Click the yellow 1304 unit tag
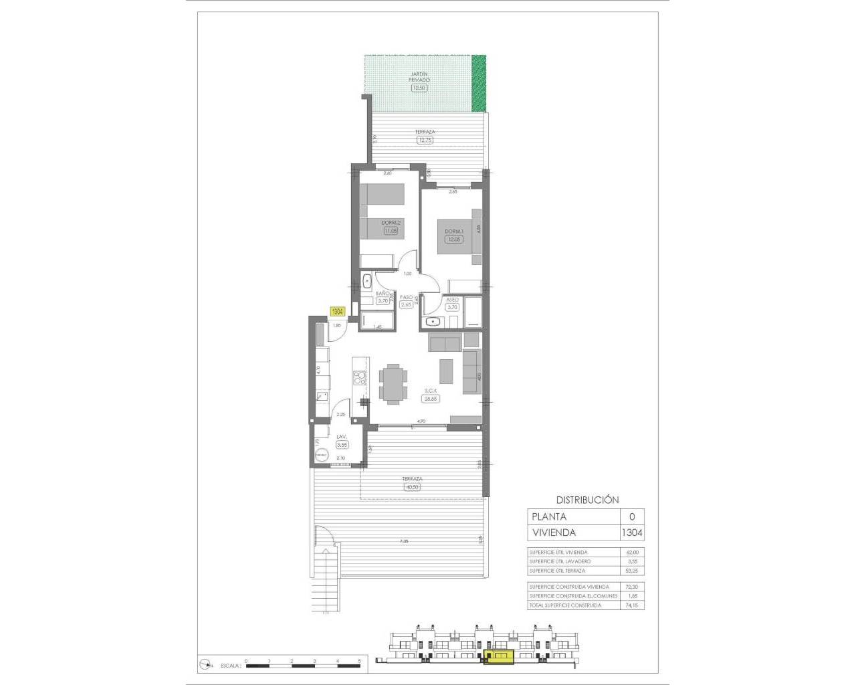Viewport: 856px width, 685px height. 338,311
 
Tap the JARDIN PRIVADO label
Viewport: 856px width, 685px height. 419,76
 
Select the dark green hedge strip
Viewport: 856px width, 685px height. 479,83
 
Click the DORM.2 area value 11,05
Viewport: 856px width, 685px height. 391,231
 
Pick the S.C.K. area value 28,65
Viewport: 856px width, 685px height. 429,398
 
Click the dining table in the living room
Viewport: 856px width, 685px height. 391,383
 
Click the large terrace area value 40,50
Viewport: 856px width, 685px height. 412,487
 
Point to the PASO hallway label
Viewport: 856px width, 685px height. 406,297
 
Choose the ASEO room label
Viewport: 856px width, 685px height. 452,300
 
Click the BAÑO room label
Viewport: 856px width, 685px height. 383,294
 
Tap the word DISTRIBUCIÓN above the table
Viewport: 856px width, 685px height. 587,500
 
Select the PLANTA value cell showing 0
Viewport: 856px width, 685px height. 632,516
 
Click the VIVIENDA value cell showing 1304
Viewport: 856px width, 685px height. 632,533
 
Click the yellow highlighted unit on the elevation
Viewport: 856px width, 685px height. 498,658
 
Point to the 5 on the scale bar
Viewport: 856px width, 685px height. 360,661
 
